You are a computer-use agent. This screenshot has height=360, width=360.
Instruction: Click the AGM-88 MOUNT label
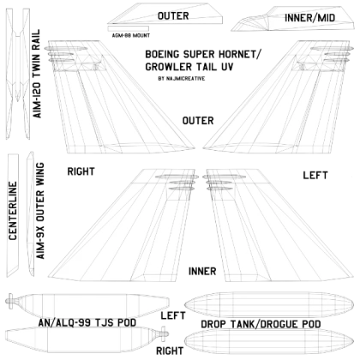(x=131, y=35)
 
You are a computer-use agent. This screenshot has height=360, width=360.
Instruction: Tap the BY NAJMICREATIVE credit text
(x=182, y=78)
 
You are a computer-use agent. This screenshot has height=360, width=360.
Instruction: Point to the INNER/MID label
(x=309, y=18)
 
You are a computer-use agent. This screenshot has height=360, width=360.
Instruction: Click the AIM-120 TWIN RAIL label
(x=37, y=74)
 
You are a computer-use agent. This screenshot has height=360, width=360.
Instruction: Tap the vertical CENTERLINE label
(x=13, y=211)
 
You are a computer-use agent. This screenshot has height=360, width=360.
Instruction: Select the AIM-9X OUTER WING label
(x=40, y=211)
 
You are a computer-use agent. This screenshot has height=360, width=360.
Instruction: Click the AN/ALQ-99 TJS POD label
(x=87, y=323)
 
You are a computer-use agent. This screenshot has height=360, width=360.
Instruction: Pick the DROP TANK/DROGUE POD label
(x=261, y=324)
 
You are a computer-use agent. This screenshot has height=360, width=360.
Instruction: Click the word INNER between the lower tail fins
(x=202, y=271)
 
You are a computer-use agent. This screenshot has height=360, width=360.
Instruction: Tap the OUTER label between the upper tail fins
(x=198, y=121)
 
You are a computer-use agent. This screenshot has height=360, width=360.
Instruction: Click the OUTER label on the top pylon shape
(x=173, y=16)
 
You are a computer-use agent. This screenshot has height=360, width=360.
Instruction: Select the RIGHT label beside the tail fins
(x=81, y=171)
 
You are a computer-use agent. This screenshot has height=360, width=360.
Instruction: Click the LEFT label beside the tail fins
(x=315, y=175)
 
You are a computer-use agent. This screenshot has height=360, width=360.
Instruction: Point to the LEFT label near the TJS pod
(x=173, y=315)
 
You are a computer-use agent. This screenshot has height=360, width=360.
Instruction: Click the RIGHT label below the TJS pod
(x=170, y=351)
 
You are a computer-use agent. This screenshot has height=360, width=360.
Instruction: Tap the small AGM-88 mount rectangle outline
(x=129, y=28)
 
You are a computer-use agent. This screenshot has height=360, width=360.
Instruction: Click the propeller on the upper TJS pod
(x=10, y=301)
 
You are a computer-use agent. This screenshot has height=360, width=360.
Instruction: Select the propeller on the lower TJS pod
(x=164, y=333)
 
